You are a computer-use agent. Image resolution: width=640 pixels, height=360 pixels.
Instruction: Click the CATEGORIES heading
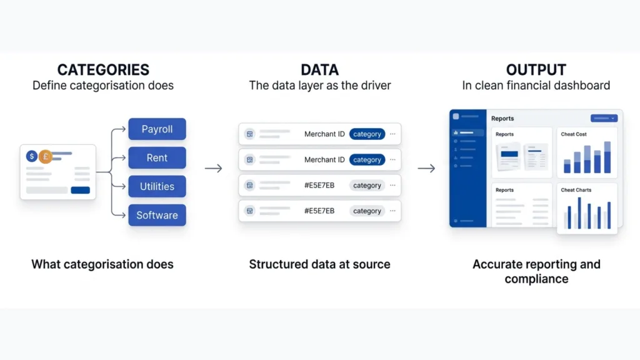(103, 69)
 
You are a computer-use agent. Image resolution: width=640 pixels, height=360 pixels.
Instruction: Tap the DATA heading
(320, 69)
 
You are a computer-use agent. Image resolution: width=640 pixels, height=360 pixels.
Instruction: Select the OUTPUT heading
(536, 69)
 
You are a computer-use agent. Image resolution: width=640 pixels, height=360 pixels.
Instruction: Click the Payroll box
(157, 129)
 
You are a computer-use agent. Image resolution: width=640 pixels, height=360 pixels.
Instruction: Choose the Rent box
(157, 158)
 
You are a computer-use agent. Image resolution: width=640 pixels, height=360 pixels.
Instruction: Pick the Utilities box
(157, 186)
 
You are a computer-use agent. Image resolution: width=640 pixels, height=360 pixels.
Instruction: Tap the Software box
(157, 215)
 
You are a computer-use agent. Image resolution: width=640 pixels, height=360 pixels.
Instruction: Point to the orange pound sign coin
(45, 156)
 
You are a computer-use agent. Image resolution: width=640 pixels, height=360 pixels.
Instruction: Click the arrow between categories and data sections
(214, 168)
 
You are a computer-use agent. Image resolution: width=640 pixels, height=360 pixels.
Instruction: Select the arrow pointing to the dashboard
(426, 168)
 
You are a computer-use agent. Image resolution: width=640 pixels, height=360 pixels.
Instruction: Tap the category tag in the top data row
(367, 134)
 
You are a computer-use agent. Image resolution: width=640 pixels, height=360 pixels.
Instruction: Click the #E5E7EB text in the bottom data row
(319, 211)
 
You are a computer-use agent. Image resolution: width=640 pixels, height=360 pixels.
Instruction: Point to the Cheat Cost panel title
(574, 134)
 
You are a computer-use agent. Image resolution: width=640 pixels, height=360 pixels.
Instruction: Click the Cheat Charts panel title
(576, 190)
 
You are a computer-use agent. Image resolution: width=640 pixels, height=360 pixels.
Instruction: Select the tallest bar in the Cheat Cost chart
(607, 157)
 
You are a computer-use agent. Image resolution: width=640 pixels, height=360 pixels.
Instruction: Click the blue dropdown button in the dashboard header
(604, 118)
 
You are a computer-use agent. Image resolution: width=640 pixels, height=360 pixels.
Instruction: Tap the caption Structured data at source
(319, 264)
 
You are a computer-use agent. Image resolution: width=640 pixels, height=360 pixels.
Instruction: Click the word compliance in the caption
(536, 279)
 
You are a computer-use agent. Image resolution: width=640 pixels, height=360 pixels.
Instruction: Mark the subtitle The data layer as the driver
(320, 86)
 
